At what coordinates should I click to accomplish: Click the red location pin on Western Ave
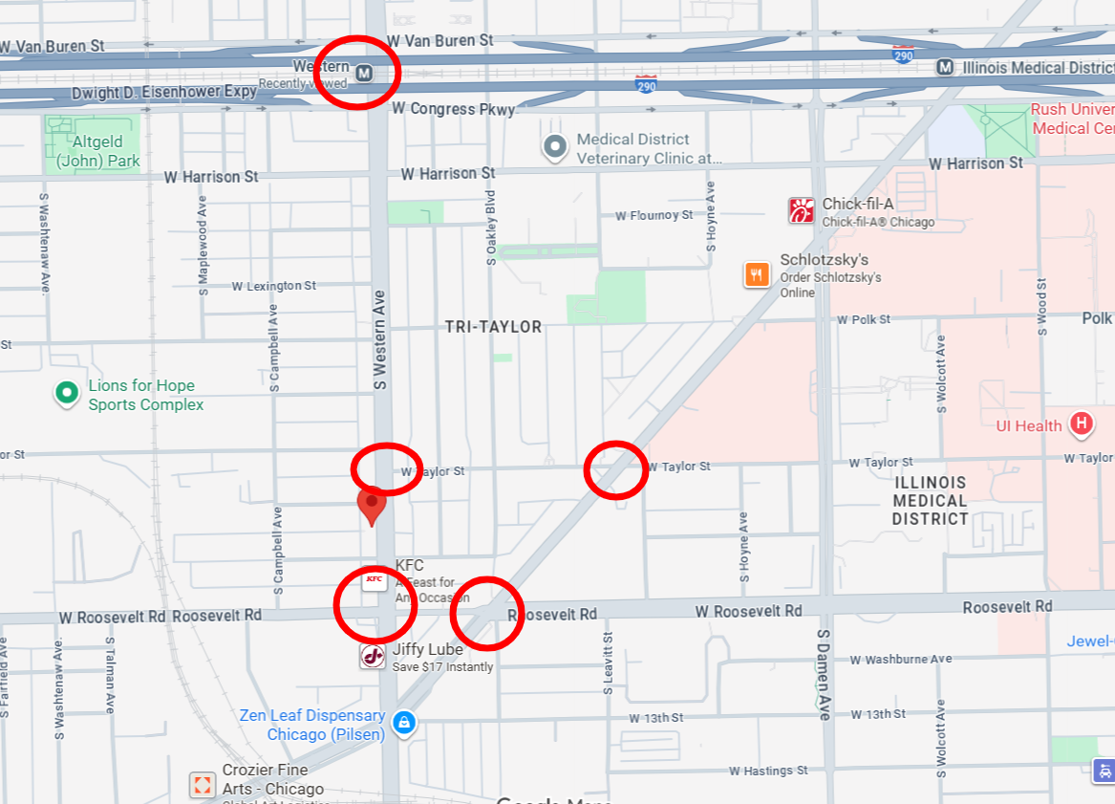[372, 504]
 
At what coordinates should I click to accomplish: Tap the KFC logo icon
[374, 579]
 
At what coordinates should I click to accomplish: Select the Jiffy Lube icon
[373, 657]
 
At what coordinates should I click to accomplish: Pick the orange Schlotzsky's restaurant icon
[757, 274]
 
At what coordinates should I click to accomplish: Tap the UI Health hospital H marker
[1081, 423]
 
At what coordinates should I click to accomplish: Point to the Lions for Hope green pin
[66, 393]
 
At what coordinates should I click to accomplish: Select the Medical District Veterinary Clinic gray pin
[554, 147]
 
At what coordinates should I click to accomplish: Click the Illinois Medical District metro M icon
[944, 67]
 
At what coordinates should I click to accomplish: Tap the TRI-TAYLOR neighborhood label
[493, 327]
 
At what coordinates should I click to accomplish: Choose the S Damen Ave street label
[824, 675]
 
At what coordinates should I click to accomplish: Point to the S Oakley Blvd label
[491, 228]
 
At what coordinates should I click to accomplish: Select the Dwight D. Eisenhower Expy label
[164, 93]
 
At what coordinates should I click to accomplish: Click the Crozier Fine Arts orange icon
[203, 786]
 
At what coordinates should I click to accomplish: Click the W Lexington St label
[273, 286]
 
